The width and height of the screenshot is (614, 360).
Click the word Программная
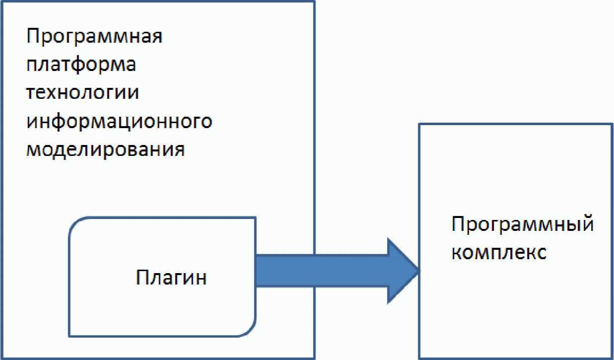[94, 37]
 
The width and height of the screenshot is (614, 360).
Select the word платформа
[81, 65]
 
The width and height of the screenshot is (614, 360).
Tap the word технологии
[82, 92]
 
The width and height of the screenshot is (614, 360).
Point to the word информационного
[119, 121]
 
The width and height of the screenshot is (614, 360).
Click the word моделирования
[105, 150]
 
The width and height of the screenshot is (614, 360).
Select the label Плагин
[171, 278]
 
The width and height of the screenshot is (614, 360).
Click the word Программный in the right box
[523, 224]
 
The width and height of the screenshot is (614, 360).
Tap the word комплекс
[499, 252]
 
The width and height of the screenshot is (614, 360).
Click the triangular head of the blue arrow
[403, 271]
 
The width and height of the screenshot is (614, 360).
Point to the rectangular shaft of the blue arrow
[321, 271]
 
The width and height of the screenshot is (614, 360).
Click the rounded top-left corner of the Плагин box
[75, 223]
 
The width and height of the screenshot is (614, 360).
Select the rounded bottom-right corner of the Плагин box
[250, 330]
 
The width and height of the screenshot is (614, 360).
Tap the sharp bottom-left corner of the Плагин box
[69, 336]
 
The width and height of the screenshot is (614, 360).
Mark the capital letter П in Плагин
[142, 277]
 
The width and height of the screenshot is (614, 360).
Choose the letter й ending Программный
[587, 224]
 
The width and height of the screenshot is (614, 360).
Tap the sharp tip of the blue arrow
[419, 271]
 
